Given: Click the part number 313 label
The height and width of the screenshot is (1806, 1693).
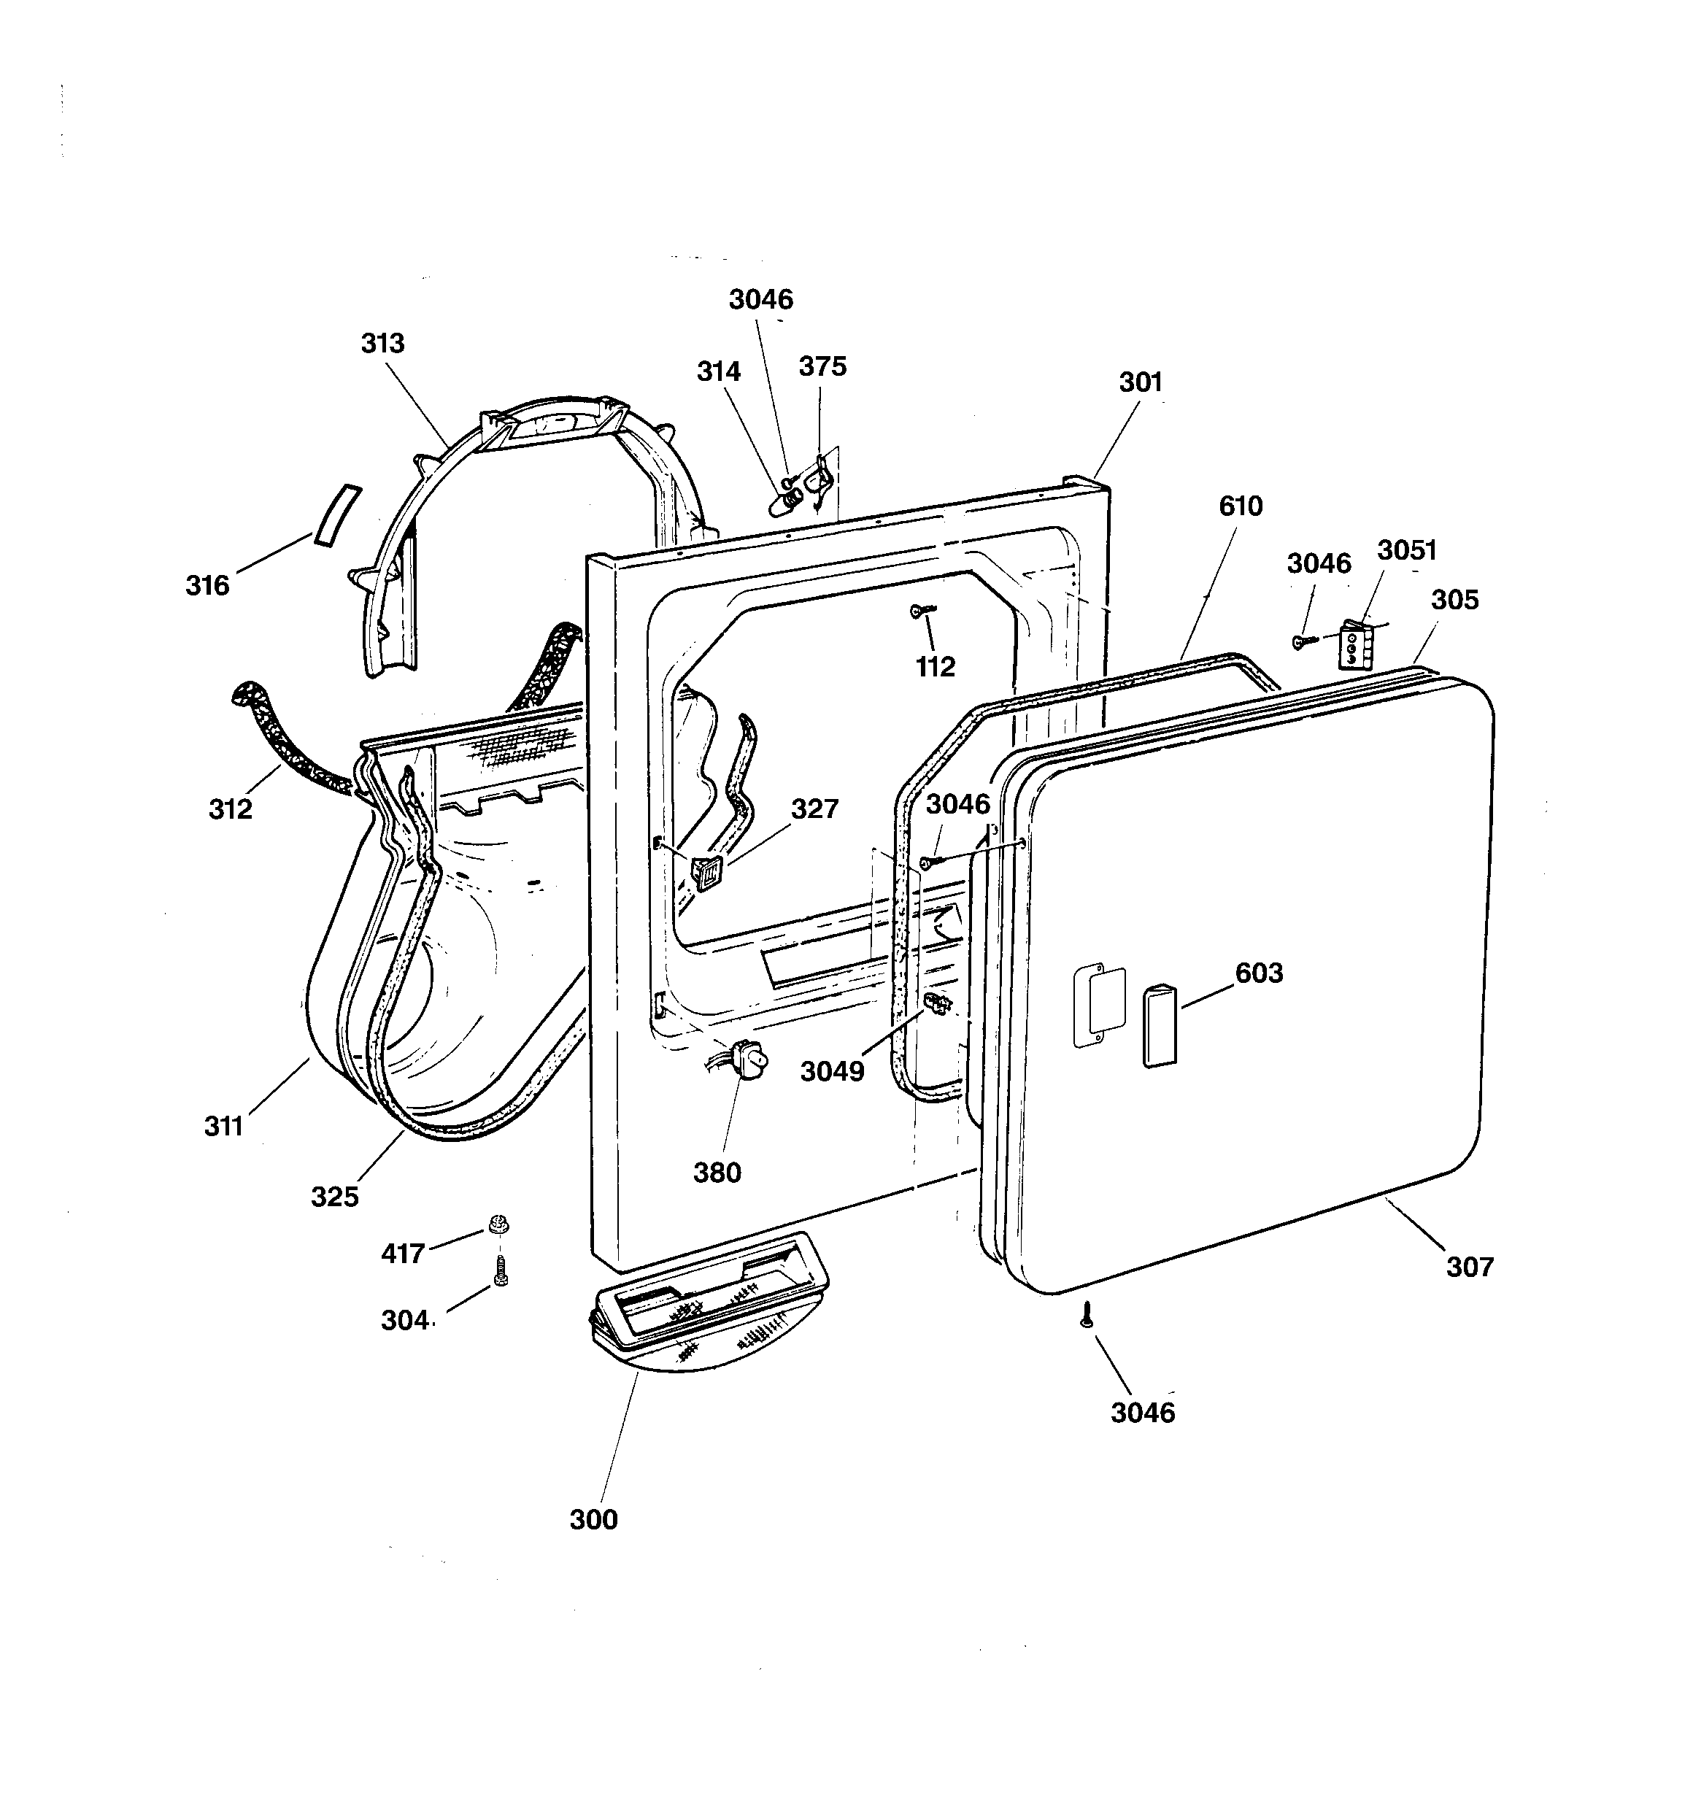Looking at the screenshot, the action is (x=382, y=344).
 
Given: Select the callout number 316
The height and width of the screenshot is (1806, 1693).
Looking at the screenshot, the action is (x=207, y=586).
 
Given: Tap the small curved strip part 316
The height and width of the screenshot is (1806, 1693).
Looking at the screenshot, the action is (x=336, y=515).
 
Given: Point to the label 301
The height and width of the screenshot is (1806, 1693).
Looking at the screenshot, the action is (x=1141, y=382).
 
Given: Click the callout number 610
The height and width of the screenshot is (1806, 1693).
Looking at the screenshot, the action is (x=1241, y=506).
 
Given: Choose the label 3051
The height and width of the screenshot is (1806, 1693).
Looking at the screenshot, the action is (x=1407, y=550).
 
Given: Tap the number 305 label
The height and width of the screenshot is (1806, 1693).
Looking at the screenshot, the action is (x=1455, y=601).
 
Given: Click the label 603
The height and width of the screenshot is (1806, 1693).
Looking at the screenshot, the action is (x=1259, y=973).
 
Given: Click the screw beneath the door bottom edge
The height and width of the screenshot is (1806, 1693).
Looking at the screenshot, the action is (x=1084, y=1314).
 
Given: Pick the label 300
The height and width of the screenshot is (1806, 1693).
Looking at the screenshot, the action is (x=593, y=1520).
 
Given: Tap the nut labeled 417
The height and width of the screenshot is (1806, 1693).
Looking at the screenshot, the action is (x=498, y=1224).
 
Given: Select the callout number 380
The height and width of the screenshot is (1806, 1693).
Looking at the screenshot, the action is (x=717, y=1173).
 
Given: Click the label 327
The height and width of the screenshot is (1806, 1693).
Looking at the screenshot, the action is (x=814, y=809).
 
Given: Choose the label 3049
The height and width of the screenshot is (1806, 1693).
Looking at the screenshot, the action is (x=833, y=1072).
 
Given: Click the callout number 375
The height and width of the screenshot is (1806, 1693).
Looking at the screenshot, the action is (x=822, y=367).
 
